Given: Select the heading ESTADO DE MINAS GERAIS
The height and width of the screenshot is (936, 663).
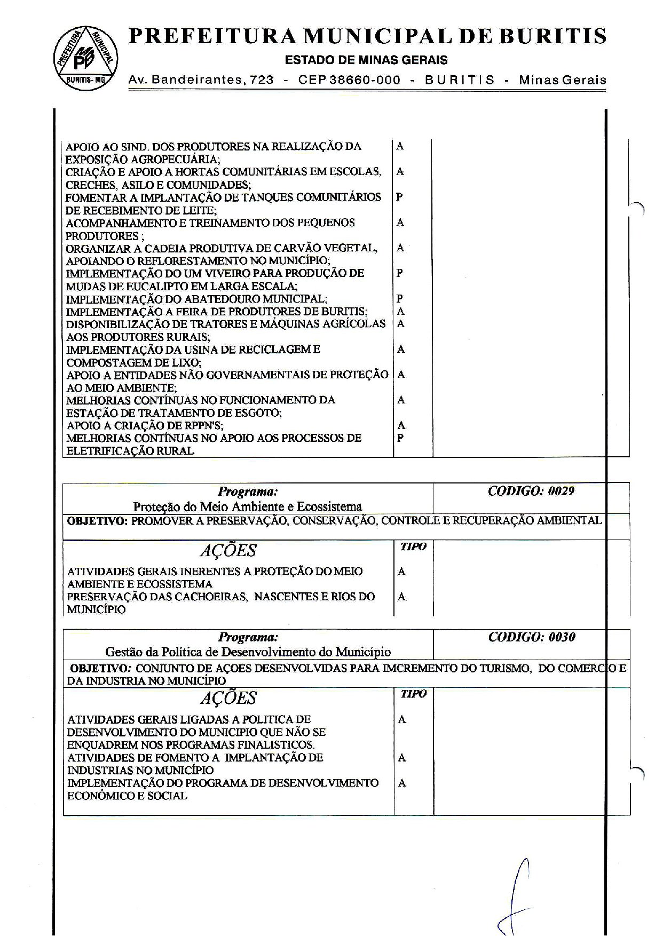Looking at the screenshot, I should coord(366,60).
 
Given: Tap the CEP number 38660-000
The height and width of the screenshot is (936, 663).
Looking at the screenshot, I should coord(365,80).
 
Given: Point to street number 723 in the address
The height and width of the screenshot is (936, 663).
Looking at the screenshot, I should coord(262,80).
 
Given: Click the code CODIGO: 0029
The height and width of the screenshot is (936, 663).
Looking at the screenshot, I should coord(531,491).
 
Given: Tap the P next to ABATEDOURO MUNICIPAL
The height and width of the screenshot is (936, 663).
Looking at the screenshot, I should coord(400,299).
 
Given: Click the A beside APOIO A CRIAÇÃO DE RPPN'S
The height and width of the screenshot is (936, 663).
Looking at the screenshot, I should coord(401,425).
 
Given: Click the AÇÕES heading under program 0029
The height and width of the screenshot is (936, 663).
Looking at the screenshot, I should coord(228,550).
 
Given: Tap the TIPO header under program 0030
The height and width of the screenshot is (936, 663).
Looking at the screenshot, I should coord(413,694).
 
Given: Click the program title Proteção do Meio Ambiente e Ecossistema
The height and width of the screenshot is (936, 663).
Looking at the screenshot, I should coord(247,506).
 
